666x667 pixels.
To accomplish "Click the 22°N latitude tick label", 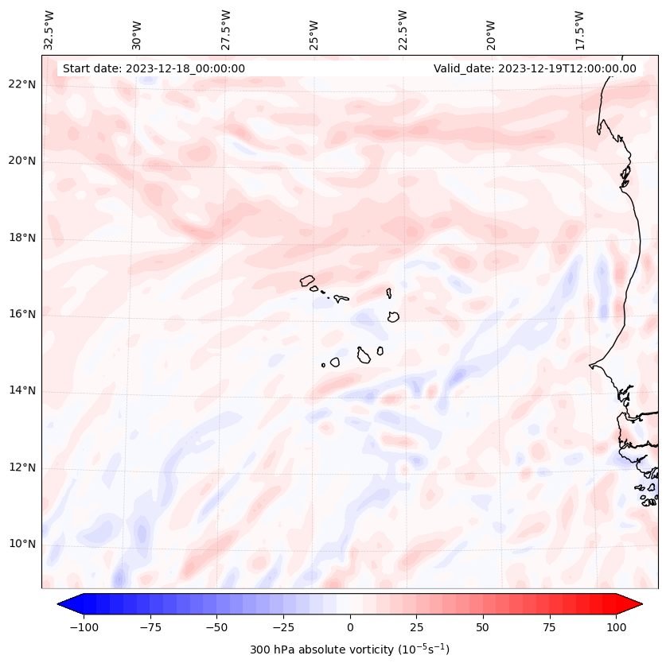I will click(21, 85).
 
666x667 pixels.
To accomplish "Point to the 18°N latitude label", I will click(21, 238).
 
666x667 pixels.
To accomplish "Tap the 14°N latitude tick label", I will click(21, 390).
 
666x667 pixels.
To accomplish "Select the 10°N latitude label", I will click(21, 544).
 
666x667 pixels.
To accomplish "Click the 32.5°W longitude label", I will click(49, 30).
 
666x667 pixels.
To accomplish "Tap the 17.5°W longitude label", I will click(579, 30).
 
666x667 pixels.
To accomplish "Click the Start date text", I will click(154, 68).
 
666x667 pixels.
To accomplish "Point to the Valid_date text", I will click(535, 68).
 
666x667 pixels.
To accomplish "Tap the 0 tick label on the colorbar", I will click(350, 627).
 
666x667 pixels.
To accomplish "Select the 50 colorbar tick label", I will click(483, 627).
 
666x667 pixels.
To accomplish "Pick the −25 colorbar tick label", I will click(283, 627).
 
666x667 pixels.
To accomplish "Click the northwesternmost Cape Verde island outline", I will click(307, 280).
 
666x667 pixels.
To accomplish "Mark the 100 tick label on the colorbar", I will click(615, 627).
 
